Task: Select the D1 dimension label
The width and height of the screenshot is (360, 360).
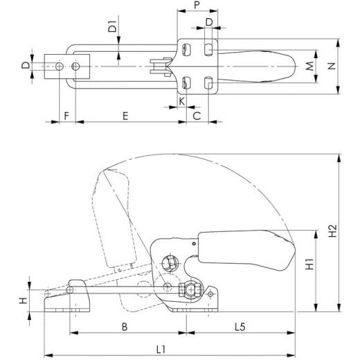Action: tap(111, 30)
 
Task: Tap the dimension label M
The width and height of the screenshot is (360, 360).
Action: tap(309, 66)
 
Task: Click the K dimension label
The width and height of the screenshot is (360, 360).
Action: tap(181, 101)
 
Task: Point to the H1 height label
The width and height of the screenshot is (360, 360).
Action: tap(309, 263)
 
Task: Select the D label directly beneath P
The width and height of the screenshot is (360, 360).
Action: tap(209, 24)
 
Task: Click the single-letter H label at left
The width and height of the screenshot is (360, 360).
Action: tap(23, 300)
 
